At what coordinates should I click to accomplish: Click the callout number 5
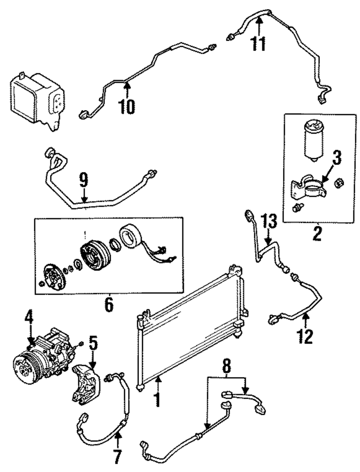pyautogui.click(x=93, y=344)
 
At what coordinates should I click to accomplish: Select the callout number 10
pyautogui.click(x=127, y=106)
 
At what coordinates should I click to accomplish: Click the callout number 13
pyautogui.click(x=269, y=222)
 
